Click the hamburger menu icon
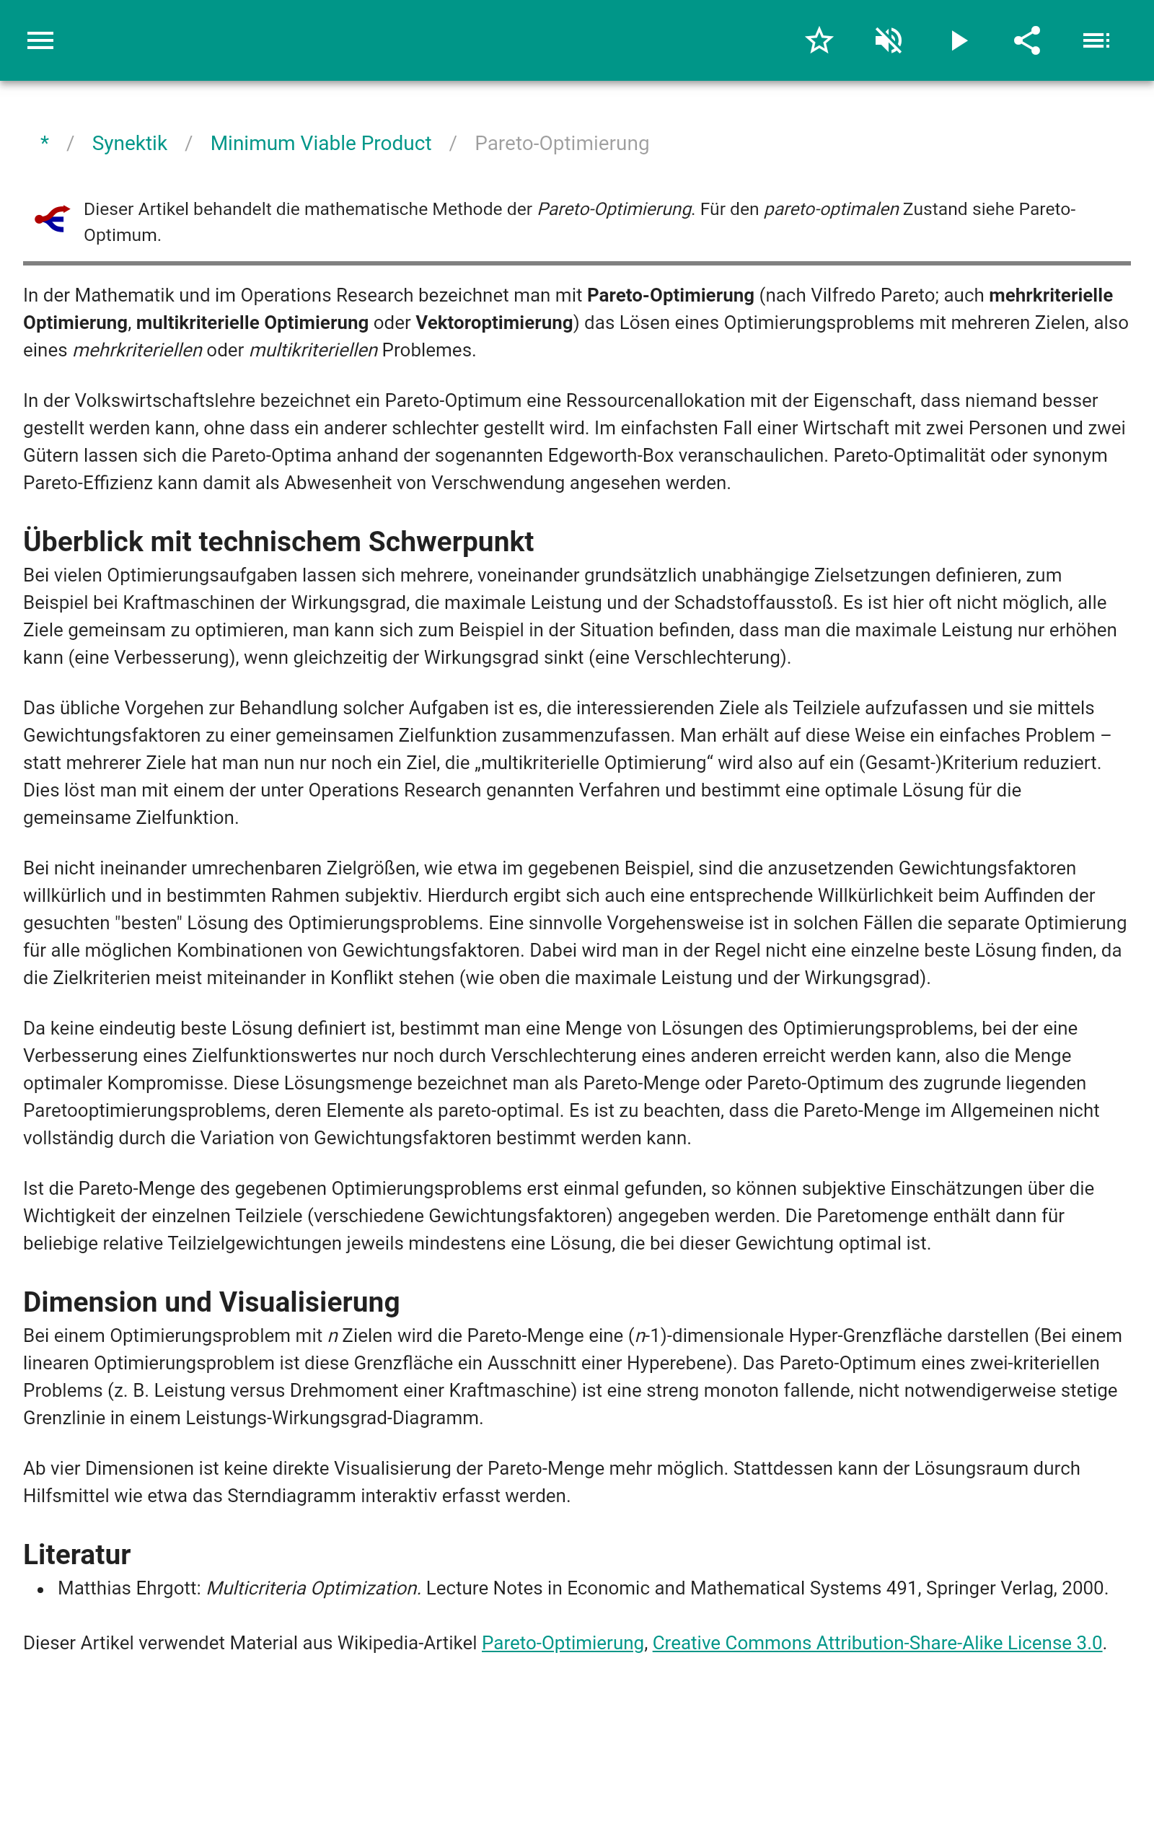pos(40,40)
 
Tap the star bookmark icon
pos(819,40)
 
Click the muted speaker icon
pos(889,40)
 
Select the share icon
pos(1027,40)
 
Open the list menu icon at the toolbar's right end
pos(1096,40)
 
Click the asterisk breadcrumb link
pos(45,144)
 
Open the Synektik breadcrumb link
pos(129,144)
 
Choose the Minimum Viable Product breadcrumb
pos(320,144)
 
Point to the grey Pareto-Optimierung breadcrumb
pos(562,144)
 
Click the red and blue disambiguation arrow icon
pos(52,219)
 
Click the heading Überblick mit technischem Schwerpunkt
pos(278,541)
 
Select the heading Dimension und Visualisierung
pos(211,1302)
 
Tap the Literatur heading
pos(77,1555)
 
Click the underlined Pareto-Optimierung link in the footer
pos(563,1644)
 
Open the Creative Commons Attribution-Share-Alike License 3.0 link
pos(877,1644)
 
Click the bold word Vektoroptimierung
pos(494,323)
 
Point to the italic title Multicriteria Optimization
pos(313,1588)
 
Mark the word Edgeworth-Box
pos(611,456)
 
